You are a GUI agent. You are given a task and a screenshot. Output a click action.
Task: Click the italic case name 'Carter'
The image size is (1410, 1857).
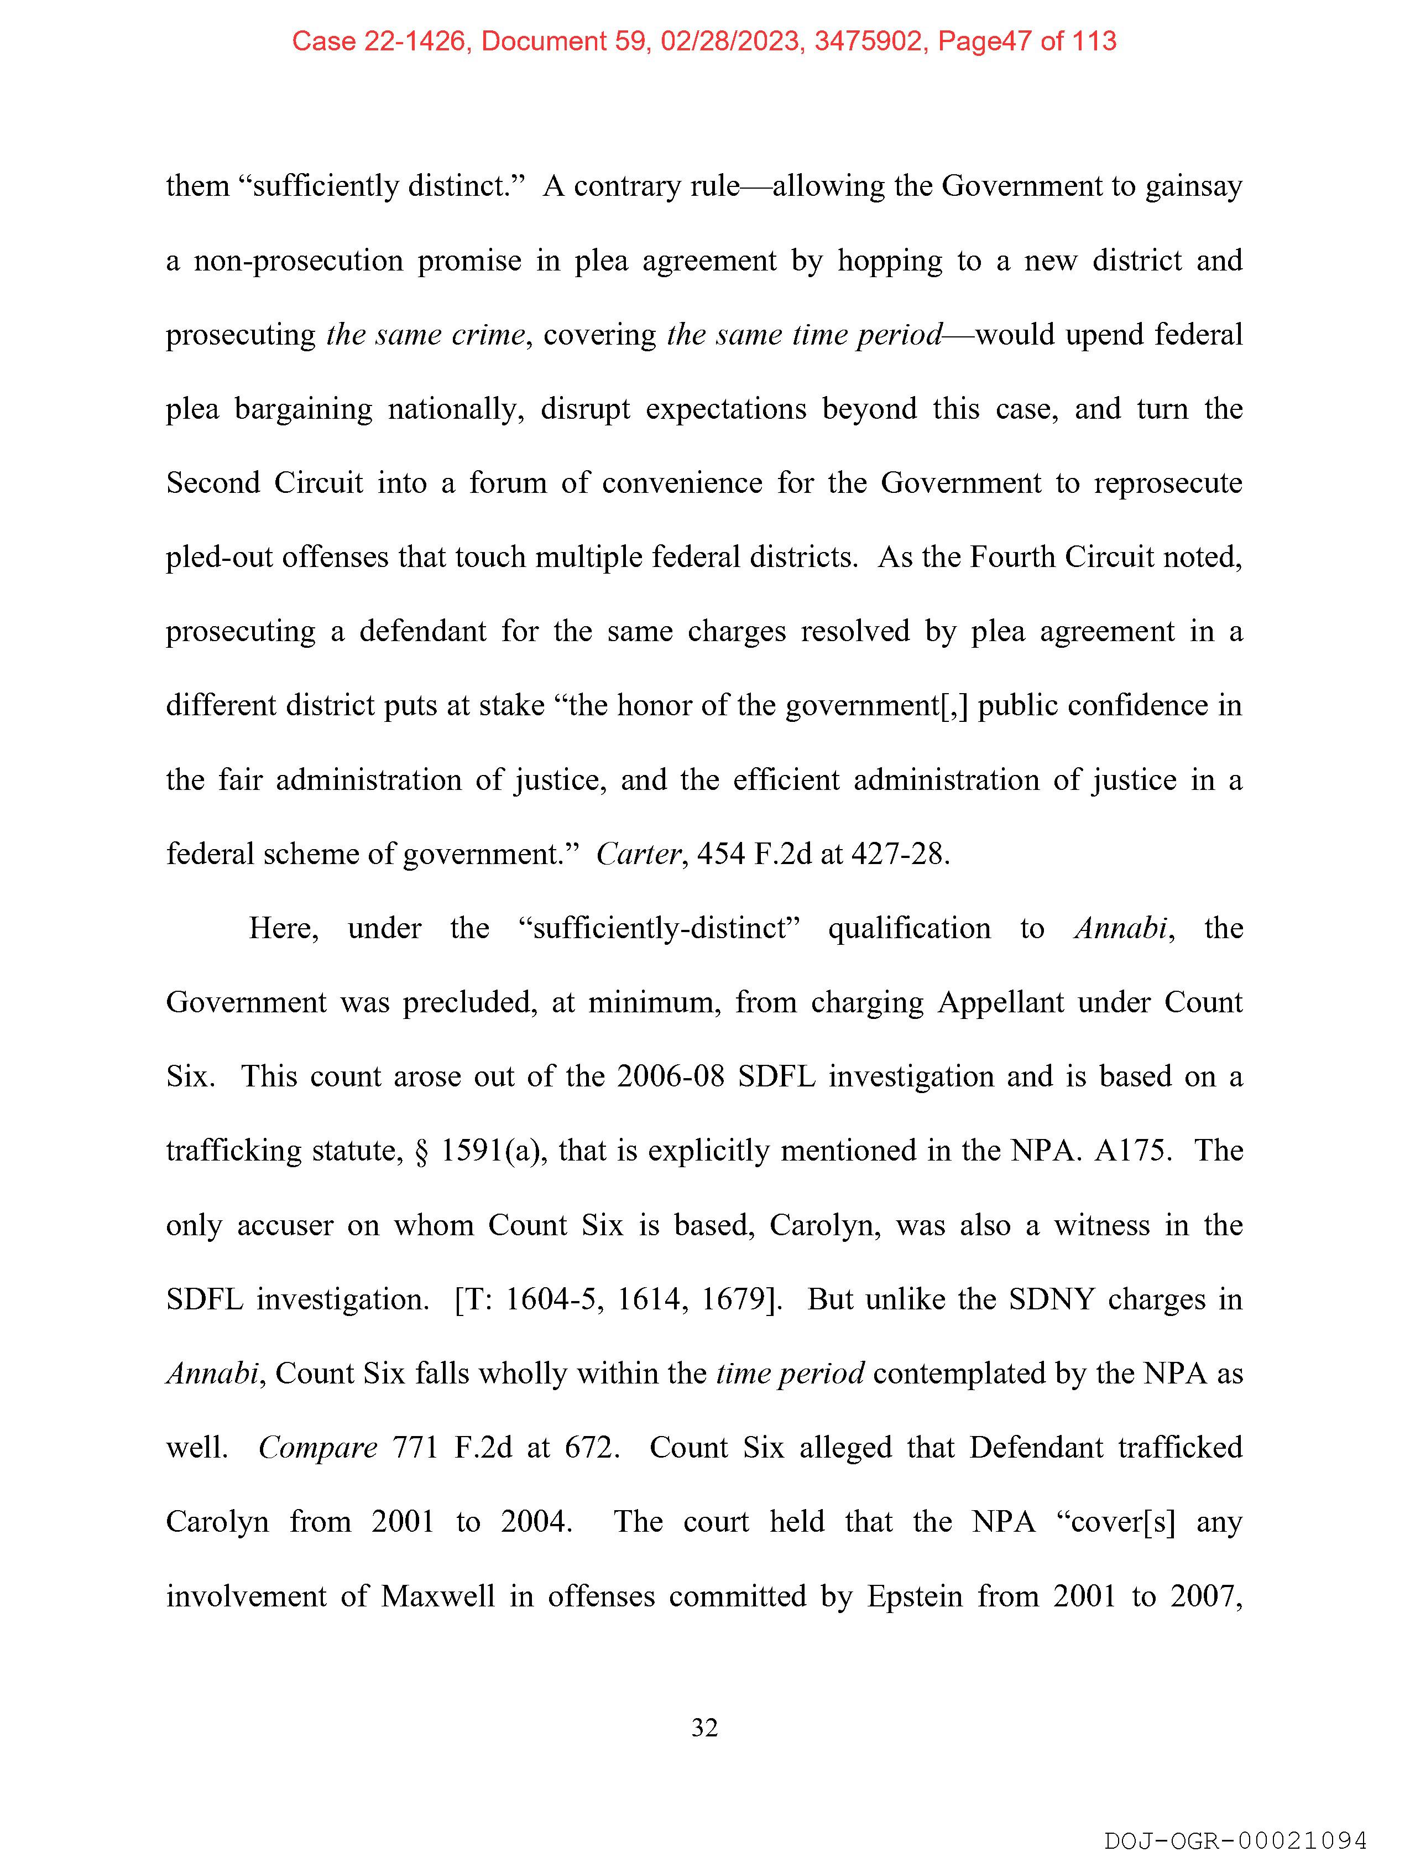pyautogui.click(x=638, y=855)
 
